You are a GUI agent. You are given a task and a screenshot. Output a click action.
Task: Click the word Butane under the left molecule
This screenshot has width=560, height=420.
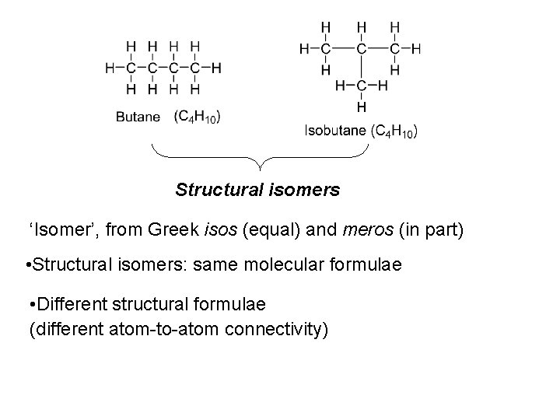click(138, 117)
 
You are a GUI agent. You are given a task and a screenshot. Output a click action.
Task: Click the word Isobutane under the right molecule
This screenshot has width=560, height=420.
click(334, 131)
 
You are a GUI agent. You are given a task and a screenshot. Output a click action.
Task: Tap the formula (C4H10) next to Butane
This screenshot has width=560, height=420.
click(198, 117)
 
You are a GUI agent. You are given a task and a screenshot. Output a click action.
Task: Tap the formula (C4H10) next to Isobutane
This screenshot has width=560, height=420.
click(394, 131)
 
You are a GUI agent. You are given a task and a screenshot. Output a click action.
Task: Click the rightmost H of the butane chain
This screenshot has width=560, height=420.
click(216, 68)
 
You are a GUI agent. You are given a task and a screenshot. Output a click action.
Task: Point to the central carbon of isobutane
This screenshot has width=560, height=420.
click(362, 48)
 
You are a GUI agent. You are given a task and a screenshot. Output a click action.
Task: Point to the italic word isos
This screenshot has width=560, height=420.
click(220, 229)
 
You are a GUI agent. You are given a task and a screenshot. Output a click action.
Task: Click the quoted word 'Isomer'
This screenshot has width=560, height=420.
click(56, 229)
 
